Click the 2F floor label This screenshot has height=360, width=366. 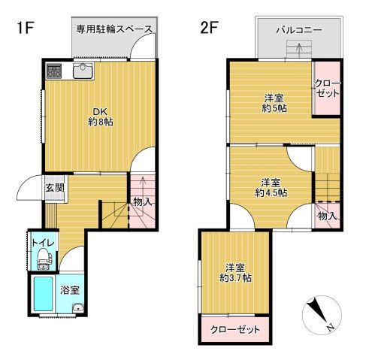point(209,29)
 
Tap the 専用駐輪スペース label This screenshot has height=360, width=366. point(115,29)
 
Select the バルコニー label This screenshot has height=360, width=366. point(299,31)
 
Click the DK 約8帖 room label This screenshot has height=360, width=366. point(99,115)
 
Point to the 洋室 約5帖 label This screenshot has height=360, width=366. point(274,103)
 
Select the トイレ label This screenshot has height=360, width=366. point(41,242)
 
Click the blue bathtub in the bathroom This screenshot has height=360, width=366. point(42,296)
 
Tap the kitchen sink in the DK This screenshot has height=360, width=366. point(82,72)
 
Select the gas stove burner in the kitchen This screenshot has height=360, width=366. point(55,72)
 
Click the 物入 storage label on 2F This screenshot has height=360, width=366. point(326,216)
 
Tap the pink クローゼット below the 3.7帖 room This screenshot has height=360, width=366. point(235,330)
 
